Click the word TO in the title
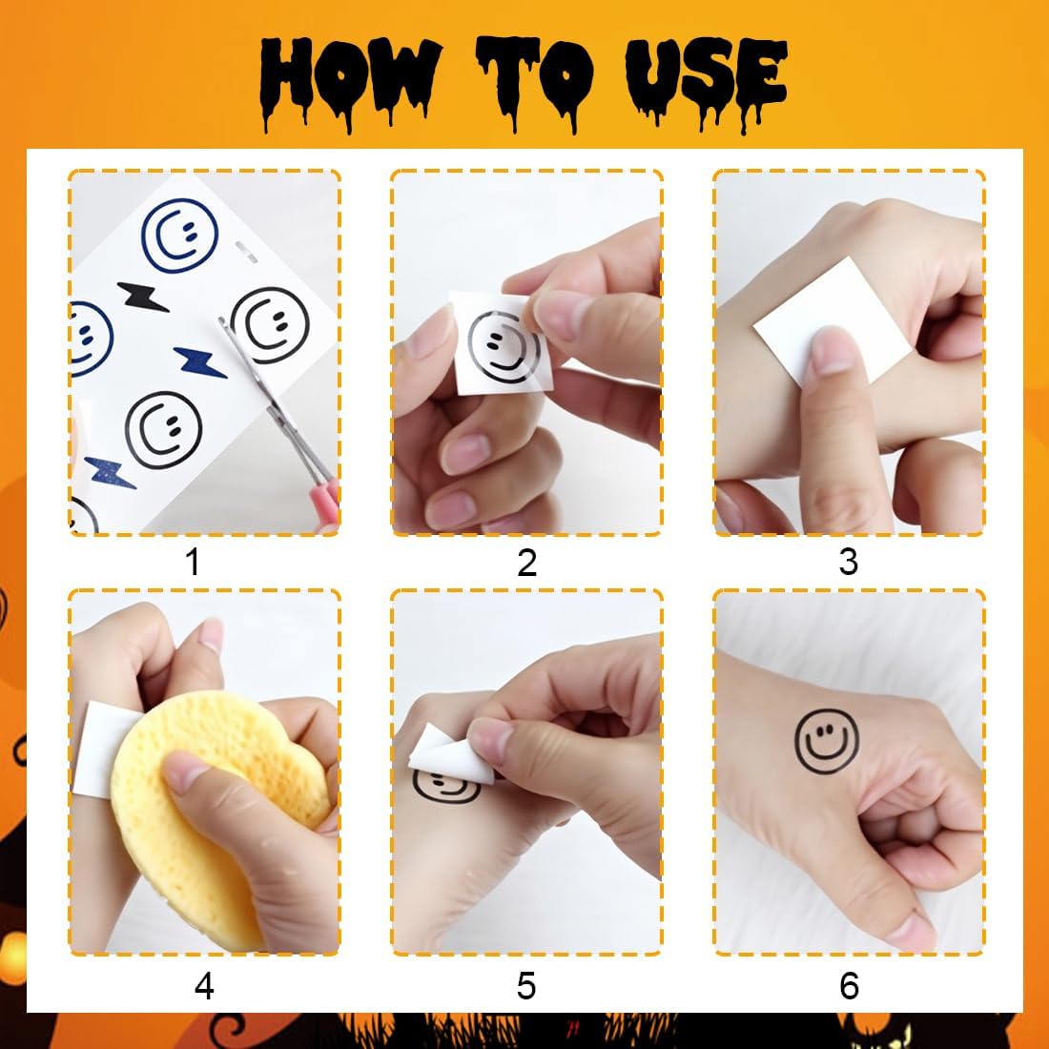click(x=535, y=80)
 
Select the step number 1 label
click(x=193, y=562)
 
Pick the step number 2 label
click(x=526, y=563)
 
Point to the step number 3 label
click(x=849, y=562)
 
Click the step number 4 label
click(x=204, y=985)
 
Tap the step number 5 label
click(x=525, y=986)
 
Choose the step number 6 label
click(x=849, y=986)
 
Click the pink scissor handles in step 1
click(x=324, y=499)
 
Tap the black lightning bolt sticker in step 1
click(x=142, y=297)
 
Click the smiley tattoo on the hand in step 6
click(x=827, y=741)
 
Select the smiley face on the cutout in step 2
click(x=504, y=348)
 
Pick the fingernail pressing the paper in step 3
click(x=833, y=351)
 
